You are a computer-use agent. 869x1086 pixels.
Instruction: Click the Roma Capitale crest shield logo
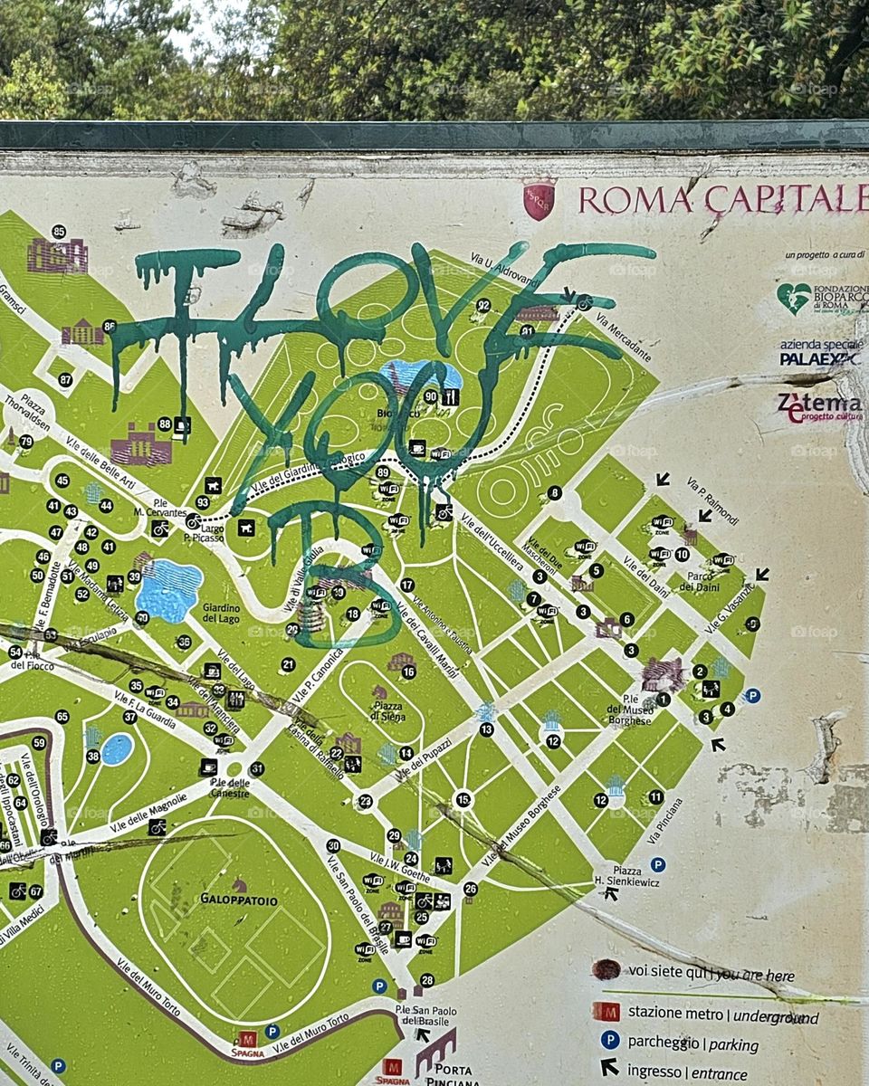click(x=540, y=198)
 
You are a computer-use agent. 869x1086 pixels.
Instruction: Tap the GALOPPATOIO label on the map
click(x=239, y=901)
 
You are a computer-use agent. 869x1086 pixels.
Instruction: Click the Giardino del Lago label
click(x=221, y=613)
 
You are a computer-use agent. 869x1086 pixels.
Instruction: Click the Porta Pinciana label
click(x=450, y=1073)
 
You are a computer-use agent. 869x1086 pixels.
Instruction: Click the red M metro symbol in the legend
click(x=606, y=1011)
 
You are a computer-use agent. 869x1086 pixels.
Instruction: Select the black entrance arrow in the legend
click(x=609, y=1068)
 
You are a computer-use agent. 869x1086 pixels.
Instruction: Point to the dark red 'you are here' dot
click(x=606, y=970)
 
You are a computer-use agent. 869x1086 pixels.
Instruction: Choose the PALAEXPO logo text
click(x=818, y=357)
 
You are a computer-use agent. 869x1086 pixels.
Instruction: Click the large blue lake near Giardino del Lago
click(x=168, y=590)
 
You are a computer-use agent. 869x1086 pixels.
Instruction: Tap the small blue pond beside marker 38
click(x=117, y=749)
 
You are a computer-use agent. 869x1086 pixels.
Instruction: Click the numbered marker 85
click(x=59, y=232)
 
